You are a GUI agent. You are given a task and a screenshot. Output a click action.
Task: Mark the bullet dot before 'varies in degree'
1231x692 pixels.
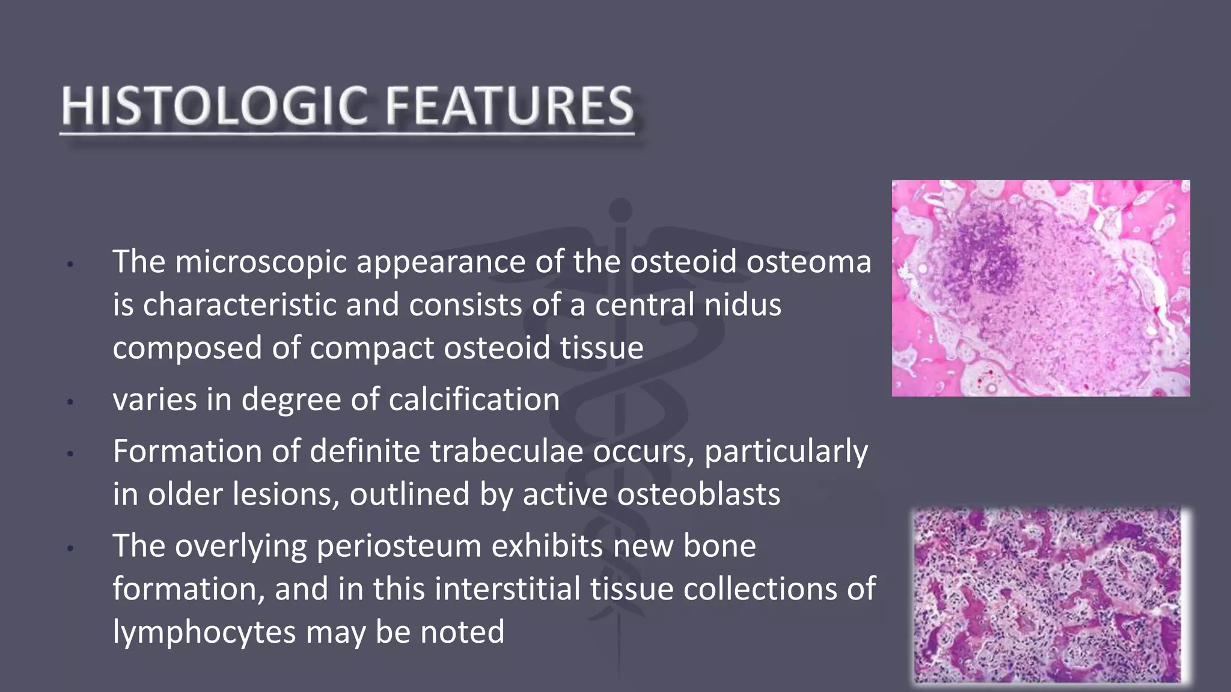70,401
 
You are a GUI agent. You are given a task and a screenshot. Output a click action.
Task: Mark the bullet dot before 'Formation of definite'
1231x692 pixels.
70,454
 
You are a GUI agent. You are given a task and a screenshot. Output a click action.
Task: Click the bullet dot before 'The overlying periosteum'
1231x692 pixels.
70,548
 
